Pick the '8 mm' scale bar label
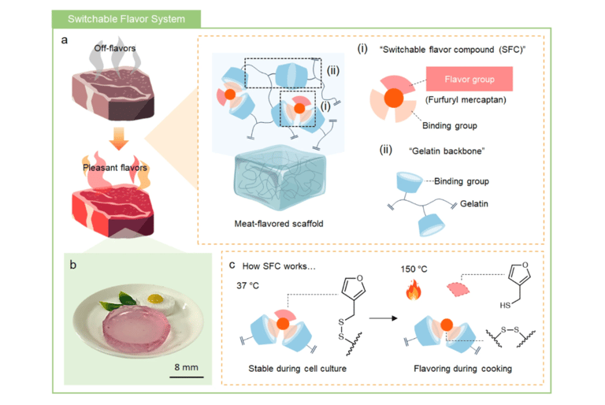pyautogui.click(x=187, y=366)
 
